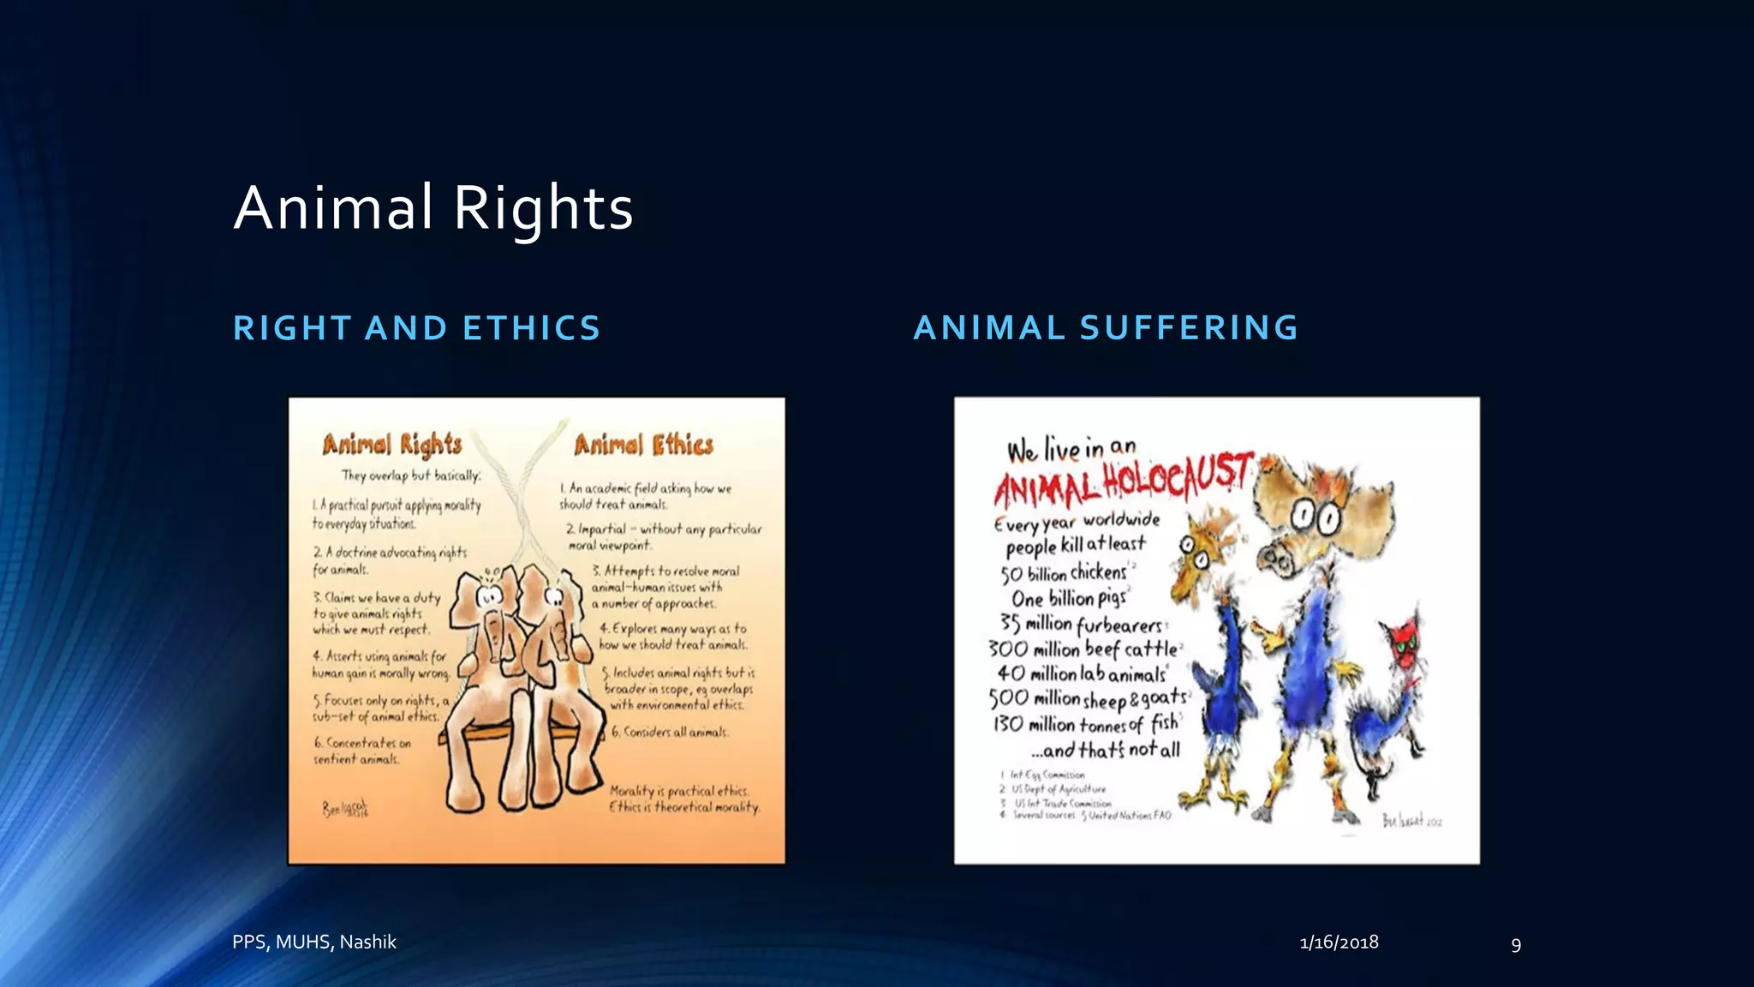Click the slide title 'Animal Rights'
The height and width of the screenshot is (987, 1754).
click(x=433, y=208)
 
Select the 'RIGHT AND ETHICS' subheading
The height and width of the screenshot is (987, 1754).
click(x=417, y=328)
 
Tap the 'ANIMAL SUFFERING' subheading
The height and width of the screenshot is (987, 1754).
click(x=1106, y=327)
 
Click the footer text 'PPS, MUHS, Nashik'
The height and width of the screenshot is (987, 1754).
click(x=314, y=942)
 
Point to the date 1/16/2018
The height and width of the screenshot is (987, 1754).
click(x=1339, y=942)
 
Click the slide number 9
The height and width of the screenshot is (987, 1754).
click(x=1516, y=945)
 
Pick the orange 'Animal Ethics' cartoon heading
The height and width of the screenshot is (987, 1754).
click(x=643, y=445)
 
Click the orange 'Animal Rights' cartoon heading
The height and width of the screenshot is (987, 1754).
click(x=392, y=445)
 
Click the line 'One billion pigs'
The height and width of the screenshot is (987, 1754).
click(x=1069, y=598)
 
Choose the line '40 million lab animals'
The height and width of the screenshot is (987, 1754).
click(x=1081, y=673)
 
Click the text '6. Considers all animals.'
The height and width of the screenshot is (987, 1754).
click(x=669, y=733)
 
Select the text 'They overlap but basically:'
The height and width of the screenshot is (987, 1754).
click(x=411, y=476)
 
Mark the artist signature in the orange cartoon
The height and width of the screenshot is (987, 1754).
click(x=345, y=808)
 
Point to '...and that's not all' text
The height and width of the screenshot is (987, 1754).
click(x=1105, y=750)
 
